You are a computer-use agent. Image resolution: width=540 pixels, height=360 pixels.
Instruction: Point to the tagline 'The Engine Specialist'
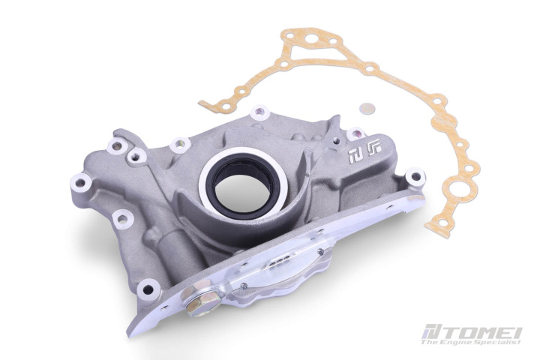click(471, 342)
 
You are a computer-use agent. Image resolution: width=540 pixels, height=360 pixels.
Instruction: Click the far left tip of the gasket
click(202, 105)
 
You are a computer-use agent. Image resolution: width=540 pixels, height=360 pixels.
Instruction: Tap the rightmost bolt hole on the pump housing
click(415, 178)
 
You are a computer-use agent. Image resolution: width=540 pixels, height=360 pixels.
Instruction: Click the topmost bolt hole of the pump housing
click(259, 113)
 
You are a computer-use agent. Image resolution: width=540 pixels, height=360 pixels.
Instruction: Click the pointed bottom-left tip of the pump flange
click(132, 331)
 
